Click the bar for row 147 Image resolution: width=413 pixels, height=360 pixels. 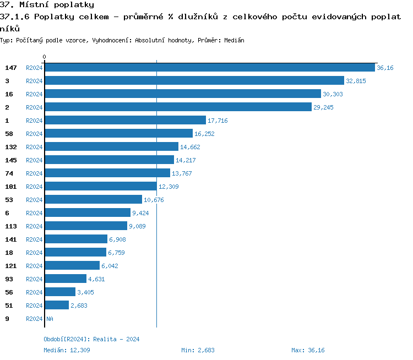209,68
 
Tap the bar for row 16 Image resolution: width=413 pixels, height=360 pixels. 182,94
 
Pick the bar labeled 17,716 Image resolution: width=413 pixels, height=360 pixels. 125,121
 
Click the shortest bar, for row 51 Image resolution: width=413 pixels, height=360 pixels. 57,306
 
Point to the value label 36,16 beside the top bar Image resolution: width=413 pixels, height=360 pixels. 385,68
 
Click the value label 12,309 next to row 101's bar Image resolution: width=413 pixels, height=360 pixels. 169,187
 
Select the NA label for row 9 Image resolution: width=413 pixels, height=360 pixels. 50,319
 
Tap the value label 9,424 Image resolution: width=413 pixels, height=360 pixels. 140,213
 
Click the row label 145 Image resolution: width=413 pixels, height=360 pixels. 11,160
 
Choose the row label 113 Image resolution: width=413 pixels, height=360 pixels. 11,226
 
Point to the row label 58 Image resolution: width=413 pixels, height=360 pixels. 9,134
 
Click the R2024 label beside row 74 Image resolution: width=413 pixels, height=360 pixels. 34,173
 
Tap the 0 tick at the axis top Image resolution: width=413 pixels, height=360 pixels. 45,57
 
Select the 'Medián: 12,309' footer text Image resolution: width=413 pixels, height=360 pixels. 67,350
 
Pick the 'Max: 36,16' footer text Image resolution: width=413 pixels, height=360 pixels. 308,350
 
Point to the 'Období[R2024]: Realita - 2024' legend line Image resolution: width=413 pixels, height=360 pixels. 91,339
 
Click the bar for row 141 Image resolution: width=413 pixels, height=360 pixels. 76,239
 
